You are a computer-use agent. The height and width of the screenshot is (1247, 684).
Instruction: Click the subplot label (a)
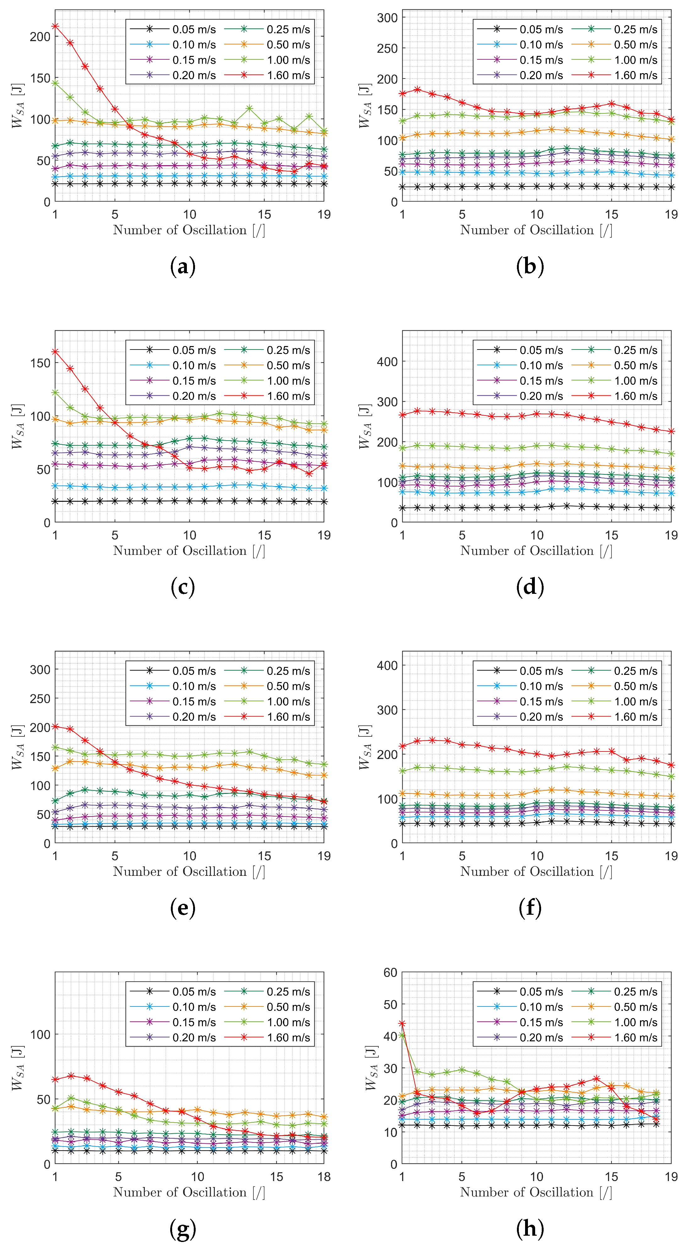coord(183,267)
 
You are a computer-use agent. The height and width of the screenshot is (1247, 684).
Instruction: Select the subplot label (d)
coord(530,587)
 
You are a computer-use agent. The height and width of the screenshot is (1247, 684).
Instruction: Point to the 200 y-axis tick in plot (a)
coord(40,37)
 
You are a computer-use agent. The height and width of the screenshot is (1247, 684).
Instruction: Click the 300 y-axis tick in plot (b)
coord(387,18)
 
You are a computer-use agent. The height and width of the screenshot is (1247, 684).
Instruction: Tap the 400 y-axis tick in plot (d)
coord(387,362)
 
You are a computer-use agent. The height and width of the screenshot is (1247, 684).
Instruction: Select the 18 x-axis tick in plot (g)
coord(324,1177)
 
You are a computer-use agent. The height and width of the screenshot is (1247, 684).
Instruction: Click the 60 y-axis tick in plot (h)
coord(390,973)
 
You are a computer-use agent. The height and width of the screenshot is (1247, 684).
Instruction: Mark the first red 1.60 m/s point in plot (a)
coord(55,26)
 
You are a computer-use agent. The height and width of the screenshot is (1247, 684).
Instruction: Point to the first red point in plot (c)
coord(55,351)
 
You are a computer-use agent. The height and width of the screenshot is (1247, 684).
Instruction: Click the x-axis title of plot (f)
coord(536,871)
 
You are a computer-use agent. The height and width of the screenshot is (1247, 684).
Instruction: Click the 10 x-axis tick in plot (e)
coord(189,856)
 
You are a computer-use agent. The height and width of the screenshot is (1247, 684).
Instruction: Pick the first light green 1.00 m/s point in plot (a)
coord(55,83)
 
